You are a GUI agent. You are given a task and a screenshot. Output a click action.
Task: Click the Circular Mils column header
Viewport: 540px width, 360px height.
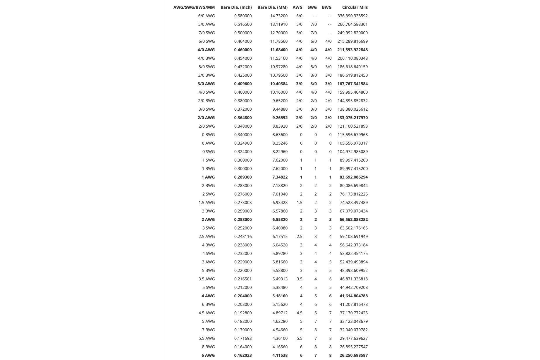point(355,7)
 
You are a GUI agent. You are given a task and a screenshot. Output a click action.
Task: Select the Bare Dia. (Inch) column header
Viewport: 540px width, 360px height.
point(236,7)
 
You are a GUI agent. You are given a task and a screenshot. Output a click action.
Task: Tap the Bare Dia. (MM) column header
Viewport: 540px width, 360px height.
point(272,7)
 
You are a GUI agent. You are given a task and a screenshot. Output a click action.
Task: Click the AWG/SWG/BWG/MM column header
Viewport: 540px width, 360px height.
point(194,7)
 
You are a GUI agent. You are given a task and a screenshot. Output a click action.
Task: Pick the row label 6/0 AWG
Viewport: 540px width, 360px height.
point(206,16)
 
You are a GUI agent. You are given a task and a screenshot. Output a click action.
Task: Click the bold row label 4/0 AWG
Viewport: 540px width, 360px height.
point(206,50)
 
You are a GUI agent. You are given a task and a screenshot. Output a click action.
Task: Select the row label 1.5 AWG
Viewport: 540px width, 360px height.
point(207,203)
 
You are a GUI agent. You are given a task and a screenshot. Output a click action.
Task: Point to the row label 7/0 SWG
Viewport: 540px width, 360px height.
point(207,33)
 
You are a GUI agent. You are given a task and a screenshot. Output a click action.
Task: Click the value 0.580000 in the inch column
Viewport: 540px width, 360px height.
point(243,16)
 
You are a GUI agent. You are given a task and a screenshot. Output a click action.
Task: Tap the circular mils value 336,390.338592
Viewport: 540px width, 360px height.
point(352,16)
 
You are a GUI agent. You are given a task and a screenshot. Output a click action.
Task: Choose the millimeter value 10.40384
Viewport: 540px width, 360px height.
point(279,84)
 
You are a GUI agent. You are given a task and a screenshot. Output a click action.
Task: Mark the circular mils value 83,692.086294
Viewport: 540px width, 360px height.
point(354,177)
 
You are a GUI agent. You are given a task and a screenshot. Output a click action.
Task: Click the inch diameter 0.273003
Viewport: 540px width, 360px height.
point(243,203)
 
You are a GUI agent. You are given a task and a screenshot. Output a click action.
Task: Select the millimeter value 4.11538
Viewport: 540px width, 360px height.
point(280,355)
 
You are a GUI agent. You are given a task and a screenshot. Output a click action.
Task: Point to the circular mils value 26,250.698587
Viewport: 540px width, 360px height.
point(354,355)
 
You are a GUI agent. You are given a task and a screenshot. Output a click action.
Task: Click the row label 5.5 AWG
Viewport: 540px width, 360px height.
point(207,338)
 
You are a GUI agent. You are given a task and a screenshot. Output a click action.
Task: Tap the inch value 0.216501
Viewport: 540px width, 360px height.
point(243,279)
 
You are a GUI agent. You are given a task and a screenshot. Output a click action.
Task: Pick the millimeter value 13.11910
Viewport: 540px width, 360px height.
point(279,24)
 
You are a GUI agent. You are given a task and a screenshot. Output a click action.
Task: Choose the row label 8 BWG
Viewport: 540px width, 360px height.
point(208,347)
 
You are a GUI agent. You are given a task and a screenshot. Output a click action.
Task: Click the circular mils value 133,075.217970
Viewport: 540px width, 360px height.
point(352,118)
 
